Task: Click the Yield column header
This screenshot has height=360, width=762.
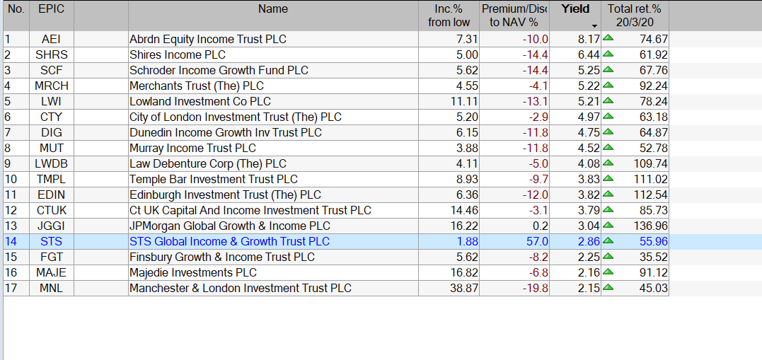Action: click(575, 9)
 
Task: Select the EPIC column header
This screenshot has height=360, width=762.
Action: click(51, 9)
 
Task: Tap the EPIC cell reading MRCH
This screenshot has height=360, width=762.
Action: click(51, 86)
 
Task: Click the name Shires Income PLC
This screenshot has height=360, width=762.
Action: click(178, 54)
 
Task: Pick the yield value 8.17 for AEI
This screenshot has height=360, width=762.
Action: click(589, 39)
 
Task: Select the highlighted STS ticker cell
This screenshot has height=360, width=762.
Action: click(51, 241)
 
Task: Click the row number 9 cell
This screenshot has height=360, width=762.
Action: click(8, 163)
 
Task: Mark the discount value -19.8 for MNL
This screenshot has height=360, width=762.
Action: click(534, 288)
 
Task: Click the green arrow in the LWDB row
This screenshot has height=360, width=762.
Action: click(608, 163)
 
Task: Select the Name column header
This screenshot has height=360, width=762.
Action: click(273, 9)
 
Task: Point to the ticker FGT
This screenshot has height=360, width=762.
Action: click(51, 257)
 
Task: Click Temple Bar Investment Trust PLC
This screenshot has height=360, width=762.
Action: click(214, 179)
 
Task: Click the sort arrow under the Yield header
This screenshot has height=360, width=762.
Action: click(594, 25)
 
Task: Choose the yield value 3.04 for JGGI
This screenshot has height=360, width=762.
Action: click(589, 226)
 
